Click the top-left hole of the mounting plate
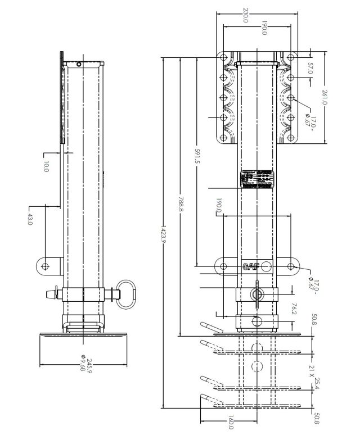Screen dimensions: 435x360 click(x=223, y=58)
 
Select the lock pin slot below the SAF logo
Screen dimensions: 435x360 click(x=257, y=294)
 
